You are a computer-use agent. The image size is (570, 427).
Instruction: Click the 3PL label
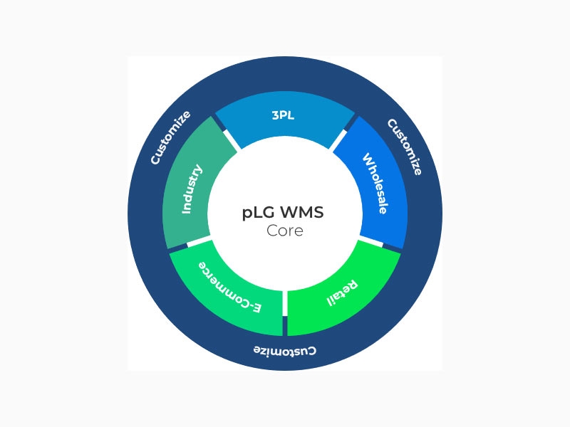[x=285, y=115]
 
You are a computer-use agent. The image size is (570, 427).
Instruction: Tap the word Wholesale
[x=374, y=183]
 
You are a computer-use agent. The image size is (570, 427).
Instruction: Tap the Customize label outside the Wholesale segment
[x=404, y=147]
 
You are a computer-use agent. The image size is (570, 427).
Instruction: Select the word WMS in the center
[x=304, y=213]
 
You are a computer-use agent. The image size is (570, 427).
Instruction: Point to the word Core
[x=285, y=231]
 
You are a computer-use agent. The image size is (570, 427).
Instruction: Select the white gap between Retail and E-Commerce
[x=285, y=302]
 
